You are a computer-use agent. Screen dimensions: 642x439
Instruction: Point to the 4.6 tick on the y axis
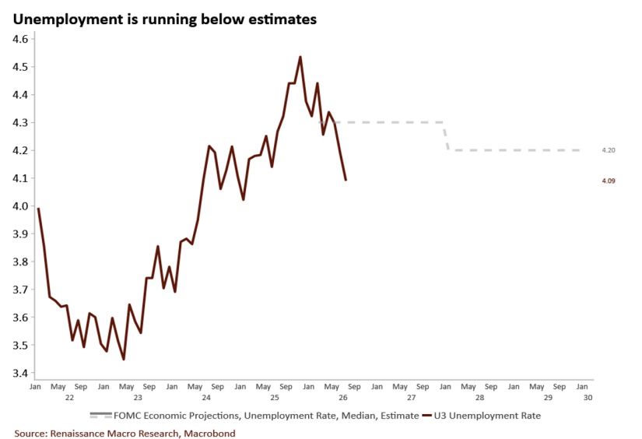click(x=20, y=39)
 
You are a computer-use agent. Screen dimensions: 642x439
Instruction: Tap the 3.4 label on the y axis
click(x=20, y=373)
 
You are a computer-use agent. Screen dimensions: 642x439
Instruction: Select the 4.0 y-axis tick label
click(x=20, y=206)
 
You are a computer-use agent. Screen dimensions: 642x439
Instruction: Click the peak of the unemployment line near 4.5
click(x=300, y=57)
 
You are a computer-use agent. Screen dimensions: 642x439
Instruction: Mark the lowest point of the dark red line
click(x=124, y=359)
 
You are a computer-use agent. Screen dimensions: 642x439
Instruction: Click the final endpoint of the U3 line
click(x=346, y=180)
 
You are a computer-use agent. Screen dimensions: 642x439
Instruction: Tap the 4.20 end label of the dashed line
click(x=609, y=150)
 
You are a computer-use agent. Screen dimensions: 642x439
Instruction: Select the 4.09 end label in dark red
click(x=609, y=181)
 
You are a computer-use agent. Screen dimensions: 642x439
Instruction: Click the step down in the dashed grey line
click(x=447, y=136)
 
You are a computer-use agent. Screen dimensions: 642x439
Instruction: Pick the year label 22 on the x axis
click(x=69, y=398)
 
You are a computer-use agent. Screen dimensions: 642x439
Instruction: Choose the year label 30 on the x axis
click(x=588, y=398)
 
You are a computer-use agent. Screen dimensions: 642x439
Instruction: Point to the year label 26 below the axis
click(x=343, y=398)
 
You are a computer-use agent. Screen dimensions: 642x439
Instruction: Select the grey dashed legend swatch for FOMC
click(x=100, y=415)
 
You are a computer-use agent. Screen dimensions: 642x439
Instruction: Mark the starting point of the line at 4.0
click(x=38, y=209)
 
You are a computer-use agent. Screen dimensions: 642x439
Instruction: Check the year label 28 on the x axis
click(x=479, y=398)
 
